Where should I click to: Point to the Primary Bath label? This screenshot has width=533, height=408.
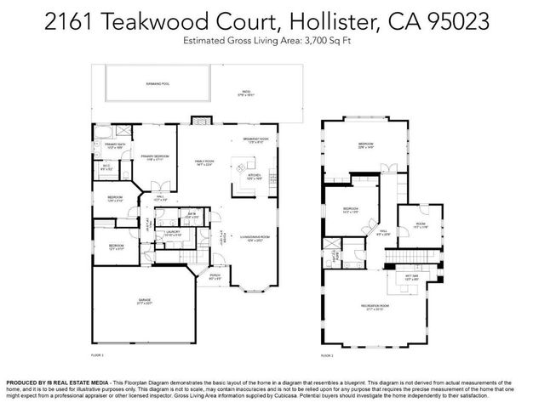point(115,146)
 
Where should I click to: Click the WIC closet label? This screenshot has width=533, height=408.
point(105,169)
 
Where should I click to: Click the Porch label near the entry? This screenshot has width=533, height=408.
point(215,276)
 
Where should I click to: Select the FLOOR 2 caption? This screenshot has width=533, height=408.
point(327,355)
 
